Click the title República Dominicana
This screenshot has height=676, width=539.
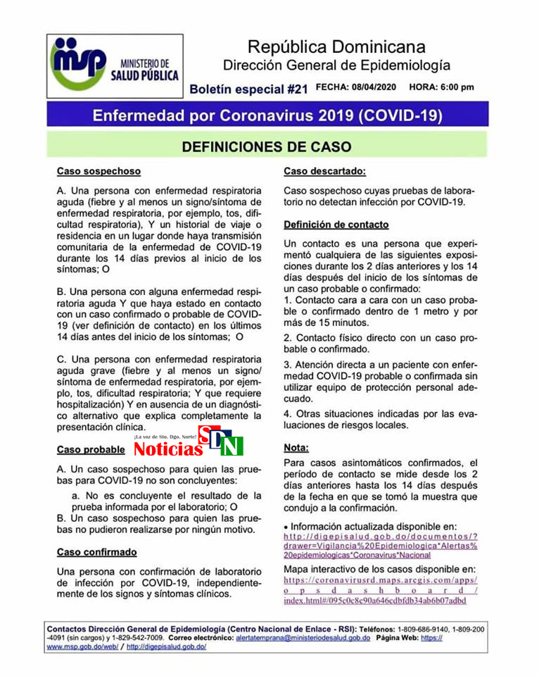[x=336, y=47]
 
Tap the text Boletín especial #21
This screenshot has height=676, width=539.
[x=249, y=89]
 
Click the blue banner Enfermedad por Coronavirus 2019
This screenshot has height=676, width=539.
[x=268, y=114]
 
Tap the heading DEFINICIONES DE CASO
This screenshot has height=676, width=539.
[x=266, y=146]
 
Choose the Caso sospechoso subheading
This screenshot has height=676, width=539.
[x=99, y=171]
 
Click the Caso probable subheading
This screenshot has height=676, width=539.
[x=91, y=449]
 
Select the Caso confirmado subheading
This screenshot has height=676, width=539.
[x=97, y=551]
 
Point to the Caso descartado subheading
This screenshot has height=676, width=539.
[x=324, y=171]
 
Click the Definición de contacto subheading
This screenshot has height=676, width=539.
[x=336, y=225]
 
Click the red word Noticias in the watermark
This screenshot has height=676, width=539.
[x=168, y=449]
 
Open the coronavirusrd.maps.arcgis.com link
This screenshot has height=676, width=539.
[x=380, y=590]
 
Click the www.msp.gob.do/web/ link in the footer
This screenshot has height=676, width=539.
[x=81, y=646]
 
